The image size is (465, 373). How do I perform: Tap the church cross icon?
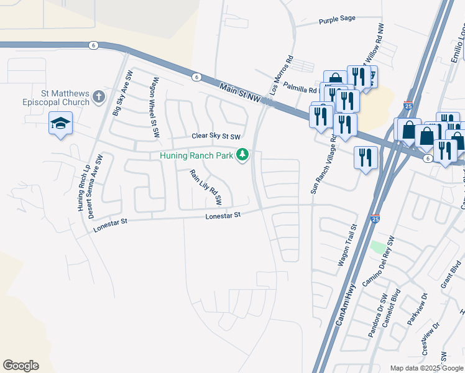(x=98, y=97)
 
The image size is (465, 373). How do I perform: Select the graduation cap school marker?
(x=60, y=123)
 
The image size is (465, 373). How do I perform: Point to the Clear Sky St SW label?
(x=216, y=136)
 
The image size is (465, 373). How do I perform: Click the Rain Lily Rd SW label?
(x=205, y=187)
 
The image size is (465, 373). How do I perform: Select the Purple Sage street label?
(x=337, y=19)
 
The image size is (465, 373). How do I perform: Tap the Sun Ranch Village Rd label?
(x=323, y=169)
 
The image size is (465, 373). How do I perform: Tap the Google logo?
(x=21, y=366)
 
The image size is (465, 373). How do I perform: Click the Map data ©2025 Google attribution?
(x=426, y=368)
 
